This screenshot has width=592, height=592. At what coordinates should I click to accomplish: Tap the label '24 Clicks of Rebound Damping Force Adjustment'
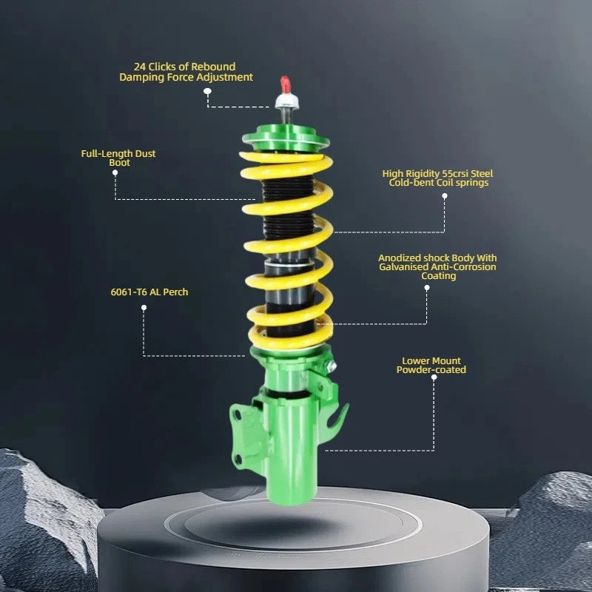click(186, 72)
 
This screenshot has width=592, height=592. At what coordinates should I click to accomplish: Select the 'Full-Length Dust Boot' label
click(118, 158)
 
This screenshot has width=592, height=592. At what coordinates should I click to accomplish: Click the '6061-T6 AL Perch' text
click(149, 292)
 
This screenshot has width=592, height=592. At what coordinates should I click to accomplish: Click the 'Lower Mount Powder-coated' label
click(431, 366)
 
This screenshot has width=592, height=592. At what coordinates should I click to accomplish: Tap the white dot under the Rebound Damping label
click(207, 90)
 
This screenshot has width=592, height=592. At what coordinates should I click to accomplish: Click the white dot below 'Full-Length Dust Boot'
click(115, 172)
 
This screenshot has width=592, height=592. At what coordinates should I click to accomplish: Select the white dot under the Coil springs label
click(445, 196)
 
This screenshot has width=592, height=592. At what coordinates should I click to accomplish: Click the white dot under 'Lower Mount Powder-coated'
click(434, 377)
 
